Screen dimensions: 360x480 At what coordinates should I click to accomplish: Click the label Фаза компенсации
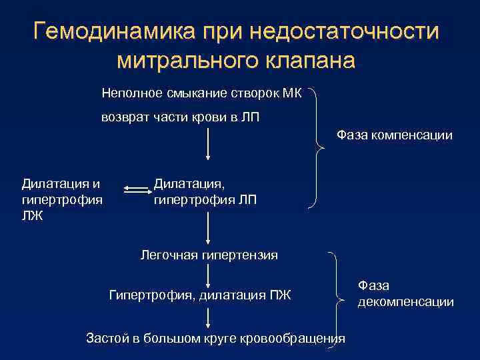pos(395,135)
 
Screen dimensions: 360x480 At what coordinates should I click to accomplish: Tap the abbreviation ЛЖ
pos(32,214)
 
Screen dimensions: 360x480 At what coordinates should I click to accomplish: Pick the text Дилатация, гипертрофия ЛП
pos(205,191)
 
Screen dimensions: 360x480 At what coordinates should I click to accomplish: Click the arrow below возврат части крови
pos(209,143)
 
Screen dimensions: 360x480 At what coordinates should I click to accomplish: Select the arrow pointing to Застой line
pos(209,316)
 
